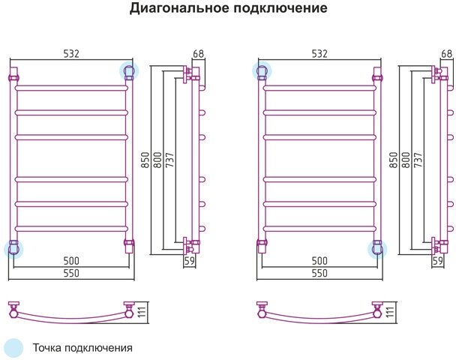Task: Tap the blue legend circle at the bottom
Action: click(13, 347)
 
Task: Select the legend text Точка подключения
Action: click(82, 348)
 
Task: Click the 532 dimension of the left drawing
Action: click(70, 53)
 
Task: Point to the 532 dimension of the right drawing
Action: click(319, 53)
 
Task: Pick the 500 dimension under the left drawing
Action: click(71, 260)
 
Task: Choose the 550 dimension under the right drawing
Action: click(320, 273)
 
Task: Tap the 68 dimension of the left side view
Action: click(199, 53)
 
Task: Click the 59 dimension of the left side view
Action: click(189, 261)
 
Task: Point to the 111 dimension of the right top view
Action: click(388, 309)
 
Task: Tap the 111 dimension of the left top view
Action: click(139, 309)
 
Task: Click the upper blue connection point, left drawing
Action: click(129, 71)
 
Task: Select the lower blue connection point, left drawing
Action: click(13, 248)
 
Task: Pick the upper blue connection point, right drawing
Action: click(262, 71)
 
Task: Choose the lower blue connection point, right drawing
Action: click(378, 248)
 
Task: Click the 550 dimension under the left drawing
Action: click(71, 273)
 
